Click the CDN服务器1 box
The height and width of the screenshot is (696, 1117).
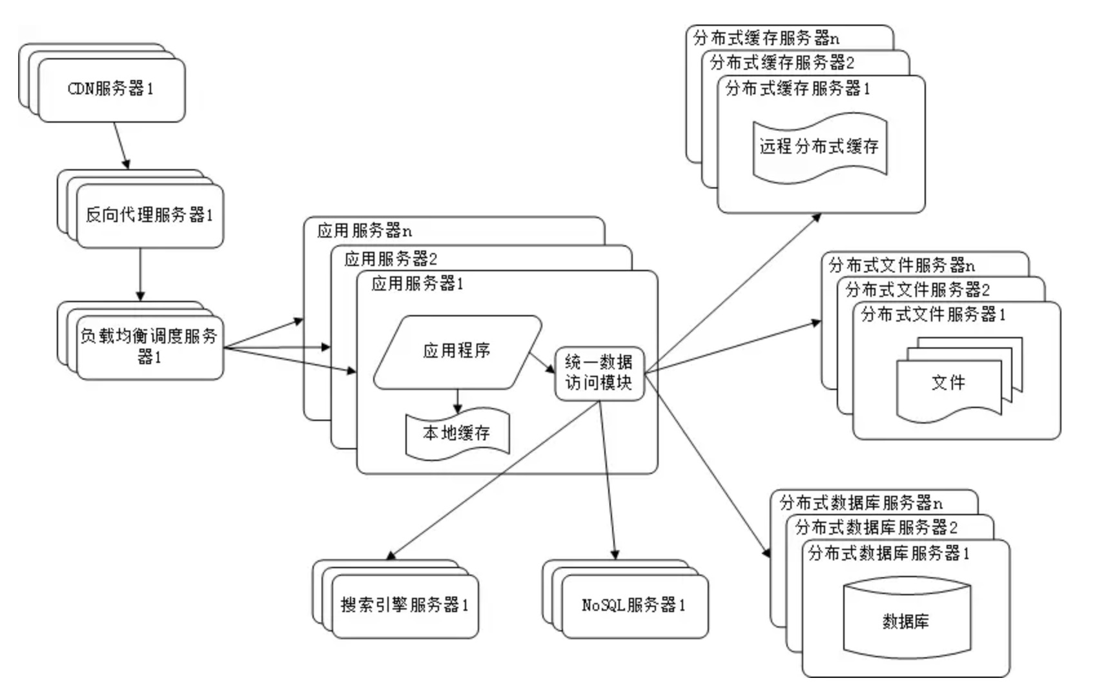pyautogui.click(x=111, y=90)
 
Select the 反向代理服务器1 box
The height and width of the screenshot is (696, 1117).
pyautogui.click(x=150, y=216)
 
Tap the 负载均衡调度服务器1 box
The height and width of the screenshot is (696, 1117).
pyautogui.click(x=150, y=347)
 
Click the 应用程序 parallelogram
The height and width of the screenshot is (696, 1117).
pyautogui.click(x=457, y=351)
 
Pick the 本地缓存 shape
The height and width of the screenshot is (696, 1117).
pyautogui.click(x=457, y=433)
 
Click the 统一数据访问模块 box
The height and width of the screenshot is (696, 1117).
pyautogui.click(x=599, y=373)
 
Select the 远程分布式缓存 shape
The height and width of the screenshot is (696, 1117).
pyautogui.click(x=819, y=147)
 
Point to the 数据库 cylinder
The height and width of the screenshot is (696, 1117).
pyautogui.click(x=907, y=621)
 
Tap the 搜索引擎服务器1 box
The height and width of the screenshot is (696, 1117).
pyautogui.click(x=405, y=606)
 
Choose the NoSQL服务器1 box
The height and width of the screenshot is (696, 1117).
pyautogui.click(x=634, y=606)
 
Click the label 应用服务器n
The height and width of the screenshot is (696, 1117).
pyautogui.click(x=365, y=231)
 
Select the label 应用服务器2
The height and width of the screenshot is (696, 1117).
pyautogui.click(x=391, y=259)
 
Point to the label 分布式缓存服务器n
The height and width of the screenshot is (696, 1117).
pyautogui.click(x=766, y=38)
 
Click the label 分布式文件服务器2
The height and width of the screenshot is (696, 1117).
pyautogui.click(x=917, y=289)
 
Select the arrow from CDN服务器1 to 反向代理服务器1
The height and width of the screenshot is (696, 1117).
pyautogui.click(x=122, y=146)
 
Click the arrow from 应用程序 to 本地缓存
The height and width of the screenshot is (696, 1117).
pyautogui.click(x=458, y=401)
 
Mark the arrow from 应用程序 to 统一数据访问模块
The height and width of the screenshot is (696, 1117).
pyautogui.click(x=542, y=363)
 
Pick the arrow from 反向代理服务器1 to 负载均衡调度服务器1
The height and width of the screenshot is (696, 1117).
pyautogui.click(x=140, y=274)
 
